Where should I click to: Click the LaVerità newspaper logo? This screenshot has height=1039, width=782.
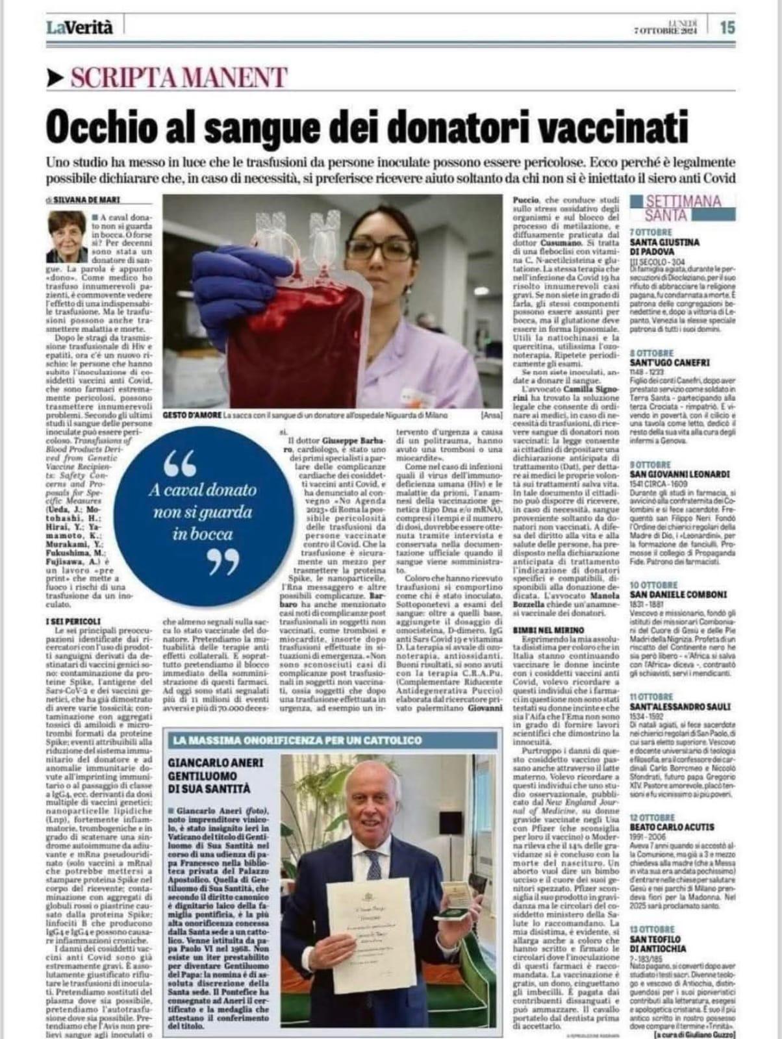tap(79, 27)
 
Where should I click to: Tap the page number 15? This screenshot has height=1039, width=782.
tap(727, 28)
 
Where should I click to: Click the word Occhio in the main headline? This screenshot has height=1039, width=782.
tap(100, 123)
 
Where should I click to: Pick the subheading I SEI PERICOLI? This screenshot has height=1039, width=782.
tap(72, 621)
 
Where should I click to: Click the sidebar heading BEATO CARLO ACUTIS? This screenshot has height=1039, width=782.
tap(672, 827)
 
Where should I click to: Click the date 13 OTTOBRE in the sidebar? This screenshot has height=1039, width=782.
tap(653, 929)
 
